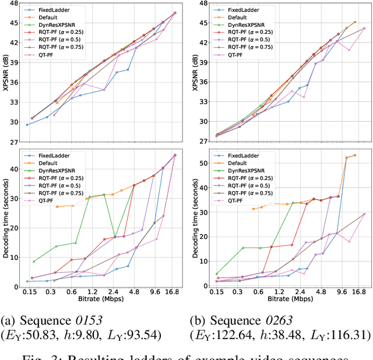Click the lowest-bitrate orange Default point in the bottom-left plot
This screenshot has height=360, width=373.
click(x=57, y=207)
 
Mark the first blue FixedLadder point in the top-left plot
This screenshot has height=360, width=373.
click(x=27, y=125)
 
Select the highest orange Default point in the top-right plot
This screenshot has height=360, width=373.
click(x=355, y=22)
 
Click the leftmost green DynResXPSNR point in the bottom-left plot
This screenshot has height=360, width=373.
click(x=33, y=262)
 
